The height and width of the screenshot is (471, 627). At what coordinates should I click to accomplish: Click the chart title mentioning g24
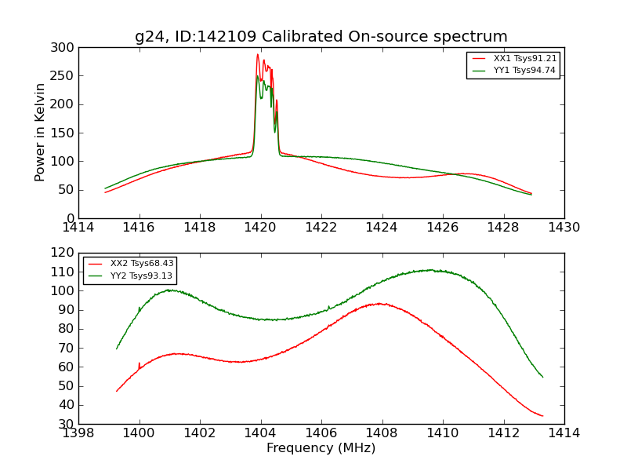[321, 37]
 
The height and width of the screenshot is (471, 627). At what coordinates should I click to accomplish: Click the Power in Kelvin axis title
[40, 133]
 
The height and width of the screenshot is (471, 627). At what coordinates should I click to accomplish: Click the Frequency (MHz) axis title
[321, 448]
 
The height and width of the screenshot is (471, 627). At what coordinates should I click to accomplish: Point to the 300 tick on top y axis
[65, 48]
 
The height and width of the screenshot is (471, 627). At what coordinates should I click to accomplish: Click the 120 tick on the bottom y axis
[65, 253]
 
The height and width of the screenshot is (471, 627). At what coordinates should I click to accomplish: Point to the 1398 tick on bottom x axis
[78, 433]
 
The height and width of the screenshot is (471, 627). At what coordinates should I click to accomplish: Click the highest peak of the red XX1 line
[257, 54]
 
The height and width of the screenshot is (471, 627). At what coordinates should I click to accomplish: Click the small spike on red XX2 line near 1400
[140, 363]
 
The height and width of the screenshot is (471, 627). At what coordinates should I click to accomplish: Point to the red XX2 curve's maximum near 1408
[379, 303]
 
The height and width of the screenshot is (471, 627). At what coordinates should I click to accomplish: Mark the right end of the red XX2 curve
[542, 416]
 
